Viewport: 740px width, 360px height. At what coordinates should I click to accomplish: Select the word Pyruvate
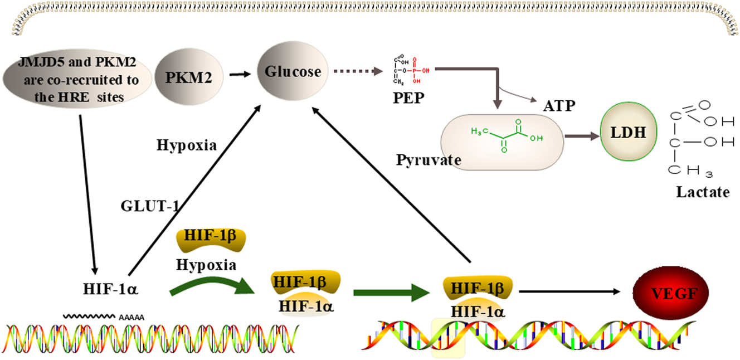pos(429,160)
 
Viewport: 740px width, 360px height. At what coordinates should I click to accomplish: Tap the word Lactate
pos(702,192)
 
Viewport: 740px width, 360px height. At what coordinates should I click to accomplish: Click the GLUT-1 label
pos(150,206)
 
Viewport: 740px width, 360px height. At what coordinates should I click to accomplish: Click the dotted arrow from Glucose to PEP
pos(357,71)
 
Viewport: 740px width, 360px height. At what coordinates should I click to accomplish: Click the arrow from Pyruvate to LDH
pos(581,135)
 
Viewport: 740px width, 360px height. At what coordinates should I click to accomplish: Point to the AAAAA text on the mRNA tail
pos(132,317)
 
